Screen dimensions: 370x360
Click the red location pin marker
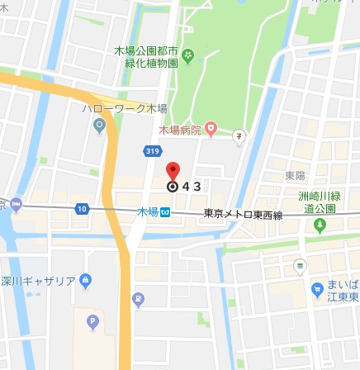[173, 172]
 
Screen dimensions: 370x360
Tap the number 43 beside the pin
[192, 187]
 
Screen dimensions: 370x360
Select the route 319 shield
[152, 150]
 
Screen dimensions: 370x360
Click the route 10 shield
[82, 208]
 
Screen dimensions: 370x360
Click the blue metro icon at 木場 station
[165, 213]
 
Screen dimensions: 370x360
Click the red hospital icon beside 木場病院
[211, 129]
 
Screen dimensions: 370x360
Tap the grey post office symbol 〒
[238, 136]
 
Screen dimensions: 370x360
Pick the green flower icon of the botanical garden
[189, 56]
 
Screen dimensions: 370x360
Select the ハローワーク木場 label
[123, 108]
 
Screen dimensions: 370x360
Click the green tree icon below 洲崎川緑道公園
[320, 225]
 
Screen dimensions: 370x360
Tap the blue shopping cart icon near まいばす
[317, 290]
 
